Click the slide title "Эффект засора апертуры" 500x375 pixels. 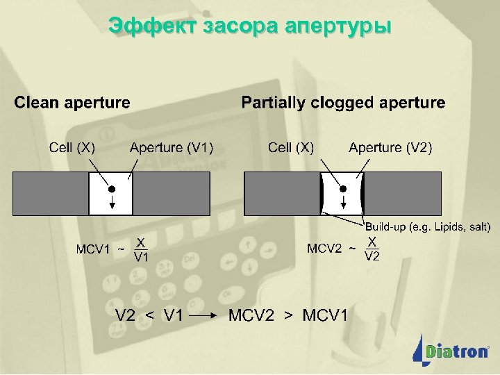(250, 26)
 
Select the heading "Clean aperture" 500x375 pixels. (72, 103)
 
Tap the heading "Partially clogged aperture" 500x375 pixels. (343, 103)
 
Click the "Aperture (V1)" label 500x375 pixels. (172, 147)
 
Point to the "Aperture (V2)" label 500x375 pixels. (390, 147)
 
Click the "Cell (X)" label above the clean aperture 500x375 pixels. (72, 147)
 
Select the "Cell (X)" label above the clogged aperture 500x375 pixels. (291, 147)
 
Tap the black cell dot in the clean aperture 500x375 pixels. (110, 188)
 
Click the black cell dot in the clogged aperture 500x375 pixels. (342, 188)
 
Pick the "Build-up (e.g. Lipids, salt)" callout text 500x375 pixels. (428, 226)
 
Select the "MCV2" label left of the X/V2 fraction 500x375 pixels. (325, 248)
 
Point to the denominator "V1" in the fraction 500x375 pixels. (141, 257)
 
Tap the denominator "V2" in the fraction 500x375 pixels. (372, 256)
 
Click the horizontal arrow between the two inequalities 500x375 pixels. (206, 315)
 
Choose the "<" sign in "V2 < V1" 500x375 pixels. (149, 315)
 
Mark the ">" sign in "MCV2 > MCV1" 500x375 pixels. (289, 315)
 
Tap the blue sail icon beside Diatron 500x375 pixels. (420, 347)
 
